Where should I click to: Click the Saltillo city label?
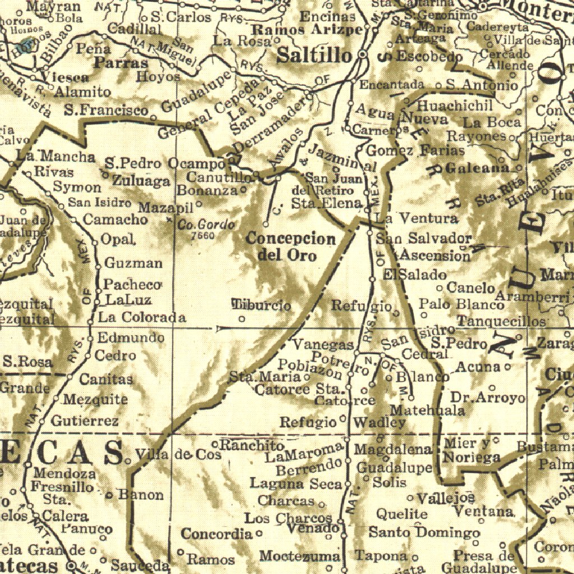(x=315, y=55)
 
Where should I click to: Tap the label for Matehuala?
(x=428, y=410)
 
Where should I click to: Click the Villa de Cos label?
(x=179, y=455)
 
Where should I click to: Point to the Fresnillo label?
(x=62, y=487)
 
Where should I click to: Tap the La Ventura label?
(x=416, y=218)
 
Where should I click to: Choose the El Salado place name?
(x=415, y=275)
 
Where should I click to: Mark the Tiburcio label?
(x=262, y=305)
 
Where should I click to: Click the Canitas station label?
(x=106, y=379)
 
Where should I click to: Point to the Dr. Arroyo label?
(x=488, y=398)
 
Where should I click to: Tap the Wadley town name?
(x=379, y=422)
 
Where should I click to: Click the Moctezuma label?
(x=299, y=556)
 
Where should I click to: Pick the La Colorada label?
(x=142, y=317)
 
